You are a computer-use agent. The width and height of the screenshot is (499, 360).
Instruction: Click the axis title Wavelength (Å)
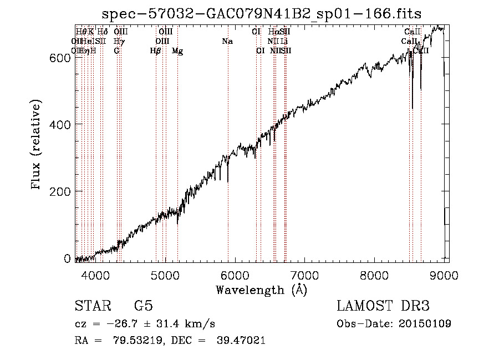(261, 290)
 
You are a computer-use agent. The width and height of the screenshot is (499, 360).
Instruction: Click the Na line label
(227, 42)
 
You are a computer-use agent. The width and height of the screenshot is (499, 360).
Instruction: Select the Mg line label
(177, 51)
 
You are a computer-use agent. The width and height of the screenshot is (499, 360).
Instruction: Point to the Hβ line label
(156, 51)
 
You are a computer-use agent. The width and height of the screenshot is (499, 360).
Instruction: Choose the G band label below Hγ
(116, 51)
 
